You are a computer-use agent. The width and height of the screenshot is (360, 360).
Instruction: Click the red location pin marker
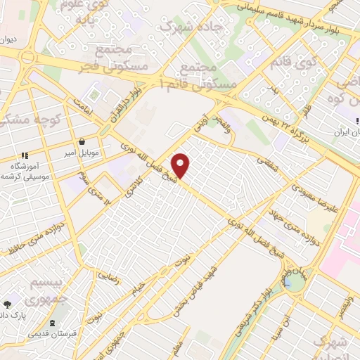click(181, 165)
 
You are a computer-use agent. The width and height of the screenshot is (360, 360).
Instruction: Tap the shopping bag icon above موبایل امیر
click(82, 141)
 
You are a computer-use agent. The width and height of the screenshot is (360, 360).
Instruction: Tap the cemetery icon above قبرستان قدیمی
click(50, 323)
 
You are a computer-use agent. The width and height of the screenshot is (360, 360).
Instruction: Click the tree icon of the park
click(7, 304)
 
